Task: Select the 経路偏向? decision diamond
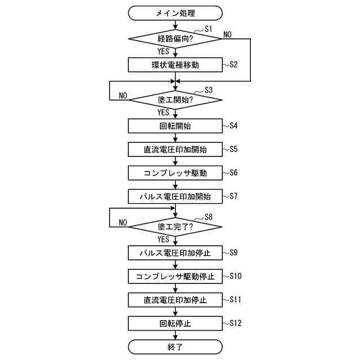point(175,39)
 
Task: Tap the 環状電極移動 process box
point(175,65)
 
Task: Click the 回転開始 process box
point(175,125)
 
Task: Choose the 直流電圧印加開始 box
point(175,150)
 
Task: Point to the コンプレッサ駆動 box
point(175,173)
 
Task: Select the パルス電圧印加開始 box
point(175,197)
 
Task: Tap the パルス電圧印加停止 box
point(175,253)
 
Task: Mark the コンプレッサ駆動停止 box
point(175,276)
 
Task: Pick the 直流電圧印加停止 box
point(175,300)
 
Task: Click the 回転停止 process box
point(175,323)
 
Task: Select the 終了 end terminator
point(175,347)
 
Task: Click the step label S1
point(208,29)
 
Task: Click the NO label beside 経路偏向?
point(227,35)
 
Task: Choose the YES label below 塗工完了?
point(164,239)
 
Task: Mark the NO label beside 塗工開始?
point(123,96)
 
